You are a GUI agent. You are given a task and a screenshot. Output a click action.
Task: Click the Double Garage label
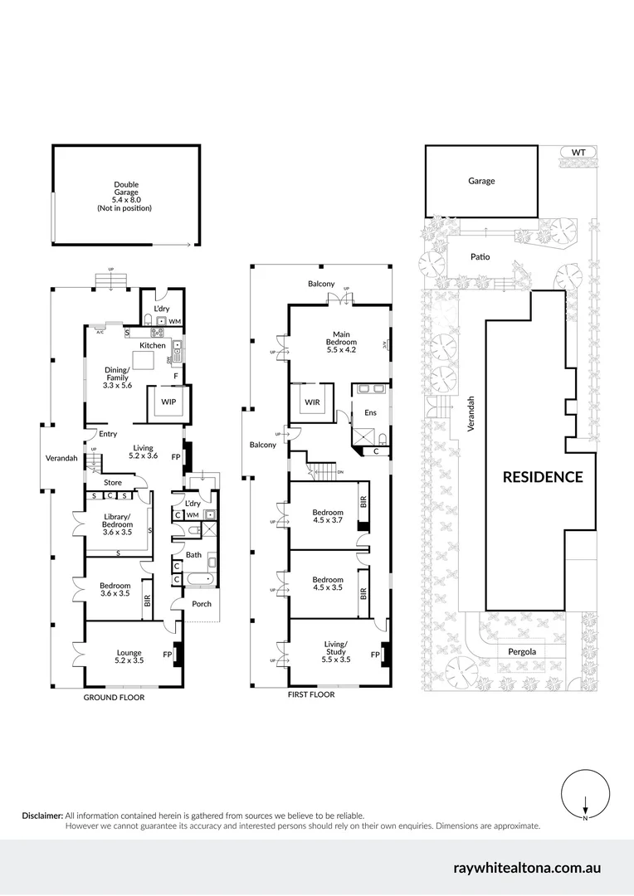click(x=126, y=196)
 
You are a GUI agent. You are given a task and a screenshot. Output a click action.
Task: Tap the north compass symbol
click(x=586, y=796)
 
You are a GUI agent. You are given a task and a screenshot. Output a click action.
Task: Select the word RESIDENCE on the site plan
click(x=543, y=477)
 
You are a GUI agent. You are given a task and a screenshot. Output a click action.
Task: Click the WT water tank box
click(x=578, y=153)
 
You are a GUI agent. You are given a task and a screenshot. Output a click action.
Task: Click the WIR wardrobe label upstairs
click(x=312, y=402)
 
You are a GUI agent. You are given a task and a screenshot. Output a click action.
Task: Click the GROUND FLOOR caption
click(x=114, y=698)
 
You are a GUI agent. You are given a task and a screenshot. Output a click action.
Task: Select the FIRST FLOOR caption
click(x=310, y=694)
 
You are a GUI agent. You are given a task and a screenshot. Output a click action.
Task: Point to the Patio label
click(x=480, y=257)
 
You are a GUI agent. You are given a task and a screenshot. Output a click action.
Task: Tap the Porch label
click(x=201, y=604)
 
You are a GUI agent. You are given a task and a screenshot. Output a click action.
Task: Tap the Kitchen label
click(x=152, y=345)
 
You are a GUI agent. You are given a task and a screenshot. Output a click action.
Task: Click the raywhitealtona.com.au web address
click(x=527, y=869)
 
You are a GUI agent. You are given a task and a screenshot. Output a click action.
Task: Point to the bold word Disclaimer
click(x=42, y=816)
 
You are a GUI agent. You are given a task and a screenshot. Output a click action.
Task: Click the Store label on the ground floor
click(x=112, y=482)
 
